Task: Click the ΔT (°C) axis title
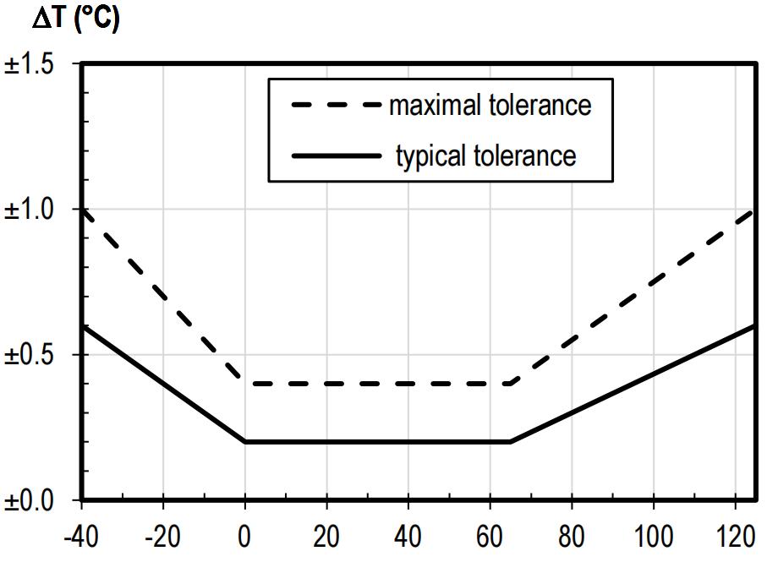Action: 75,18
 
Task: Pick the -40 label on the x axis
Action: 81,537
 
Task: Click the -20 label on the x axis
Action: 162,537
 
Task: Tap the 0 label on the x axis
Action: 245,537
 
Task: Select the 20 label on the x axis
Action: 326,537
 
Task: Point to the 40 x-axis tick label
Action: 408,537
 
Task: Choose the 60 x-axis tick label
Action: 490,537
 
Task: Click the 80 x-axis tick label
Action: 573,537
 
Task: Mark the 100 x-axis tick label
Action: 654,537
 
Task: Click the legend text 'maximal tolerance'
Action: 490,106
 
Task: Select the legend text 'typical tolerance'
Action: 485,156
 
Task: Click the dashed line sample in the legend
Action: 335,106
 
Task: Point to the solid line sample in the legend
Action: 335,156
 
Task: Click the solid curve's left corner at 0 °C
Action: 245,441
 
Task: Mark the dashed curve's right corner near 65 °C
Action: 511,383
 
